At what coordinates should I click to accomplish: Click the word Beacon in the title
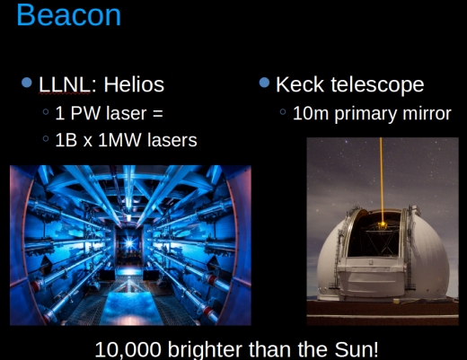pos(68,15)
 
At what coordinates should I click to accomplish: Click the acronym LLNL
pos(64,84)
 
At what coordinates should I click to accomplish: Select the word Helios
pos(134,84)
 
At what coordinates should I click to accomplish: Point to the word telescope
pos(377,85)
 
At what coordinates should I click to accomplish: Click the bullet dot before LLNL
pos(27,83)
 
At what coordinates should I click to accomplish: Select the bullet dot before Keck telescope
pos(264,83)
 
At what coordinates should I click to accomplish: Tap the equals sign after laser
pos(158,114)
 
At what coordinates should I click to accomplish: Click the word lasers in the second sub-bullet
pos(172,140)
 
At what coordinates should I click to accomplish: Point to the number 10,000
pos(128,349)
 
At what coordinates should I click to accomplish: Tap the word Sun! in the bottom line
pos(357,349)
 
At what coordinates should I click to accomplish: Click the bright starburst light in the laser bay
pos(129,243)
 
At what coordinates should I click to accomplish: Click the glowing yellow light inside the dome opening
pos(382,224)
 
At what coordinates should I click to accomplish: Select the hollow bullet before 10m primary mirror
pos(283,112)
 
